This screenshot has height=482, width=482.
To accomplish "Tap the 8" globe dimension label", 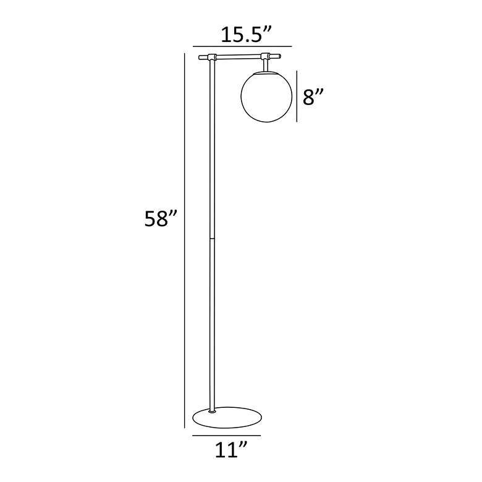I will point(313,97).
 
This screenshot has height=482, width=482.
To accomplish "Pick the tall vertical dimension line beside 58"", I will point(185,241).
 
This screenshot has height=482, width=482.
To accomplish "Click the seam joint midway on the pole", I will point(212,237).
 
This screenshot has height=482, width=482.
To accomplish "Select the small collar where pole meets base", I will point(213,408).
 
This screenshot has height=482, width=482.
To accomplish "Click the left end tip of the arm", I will point(200,58).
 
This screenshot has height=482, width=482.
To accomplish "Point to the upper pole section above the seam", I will point(212,148).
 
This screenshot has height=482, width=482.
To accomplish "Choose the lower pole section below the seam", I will point(213,321).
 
